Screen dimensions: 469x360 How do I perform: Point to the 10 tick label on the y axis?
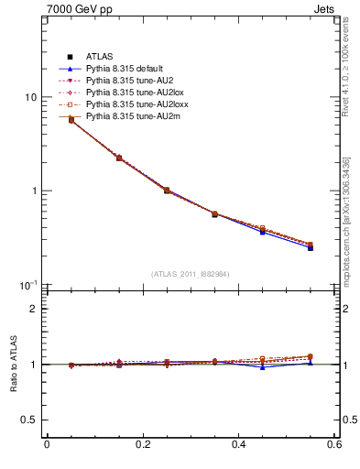(30, 97)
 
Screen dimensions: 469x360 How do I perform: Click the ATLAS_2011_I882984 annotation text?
(190, 274)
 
